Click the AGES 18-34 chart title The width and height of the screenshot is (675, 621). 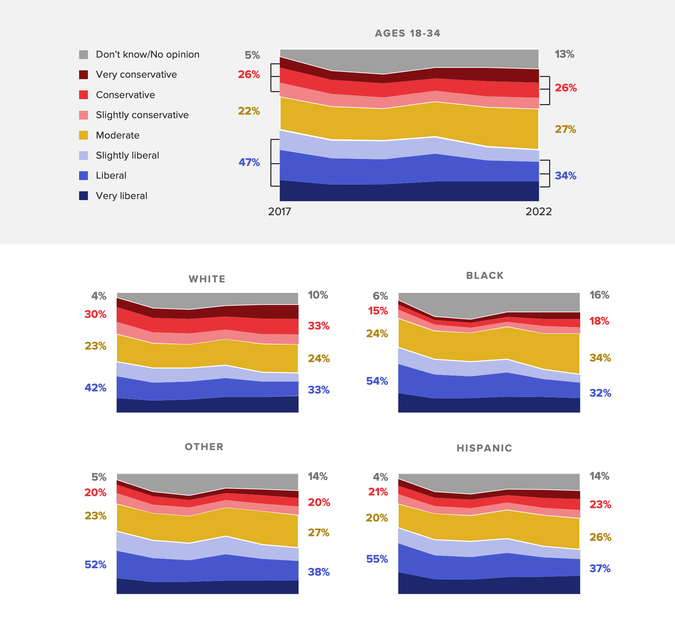(x=407, y=33)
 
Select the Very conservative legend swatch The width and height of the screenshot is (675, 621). (x=83, y=75)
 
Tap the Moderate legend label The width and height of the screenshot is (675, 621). (x=117, y=135)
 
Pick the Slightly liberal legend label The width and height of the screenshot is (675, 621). (x=127, y=155)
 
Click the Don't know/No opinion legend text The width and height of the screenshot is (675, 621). (x=147, y=55)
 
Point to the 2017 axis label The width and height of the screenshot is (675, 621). (x=279, y=212)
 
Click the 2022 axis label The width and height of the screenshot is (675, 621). (x=539, y=212)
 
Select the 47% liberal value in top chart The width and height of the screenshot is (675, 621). (x=249, y=162)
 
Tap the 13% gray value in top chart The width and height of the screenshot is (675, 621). (x=564, y=54)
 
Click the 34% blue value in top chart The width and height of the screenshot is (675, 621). (x=565, y=176)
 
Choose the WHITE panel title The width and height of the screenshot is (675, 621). (x=207, y=279)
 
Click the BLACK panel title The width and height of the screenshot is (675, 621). (x=485, y=276)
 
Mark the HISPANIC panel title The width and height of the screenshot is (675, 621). (x=484, y=448)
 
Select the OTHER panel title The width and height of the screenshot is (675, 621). (x=204, y=447)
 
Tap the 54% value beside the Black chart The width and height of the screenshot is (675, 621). (x=377, y=381)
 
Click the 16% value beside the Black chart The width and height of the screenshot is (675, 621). (x=599, y=295)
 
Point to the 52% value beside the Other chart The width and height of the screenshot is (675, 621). (x=95, y=565)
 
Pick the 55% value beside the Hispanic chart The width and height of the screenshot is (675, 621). (x=377, y=559)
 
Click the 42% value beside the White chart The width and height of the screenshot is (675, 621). (x=95, y=388)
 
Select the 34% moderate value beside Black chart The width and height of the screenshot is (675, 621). (x=600, y=358)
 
